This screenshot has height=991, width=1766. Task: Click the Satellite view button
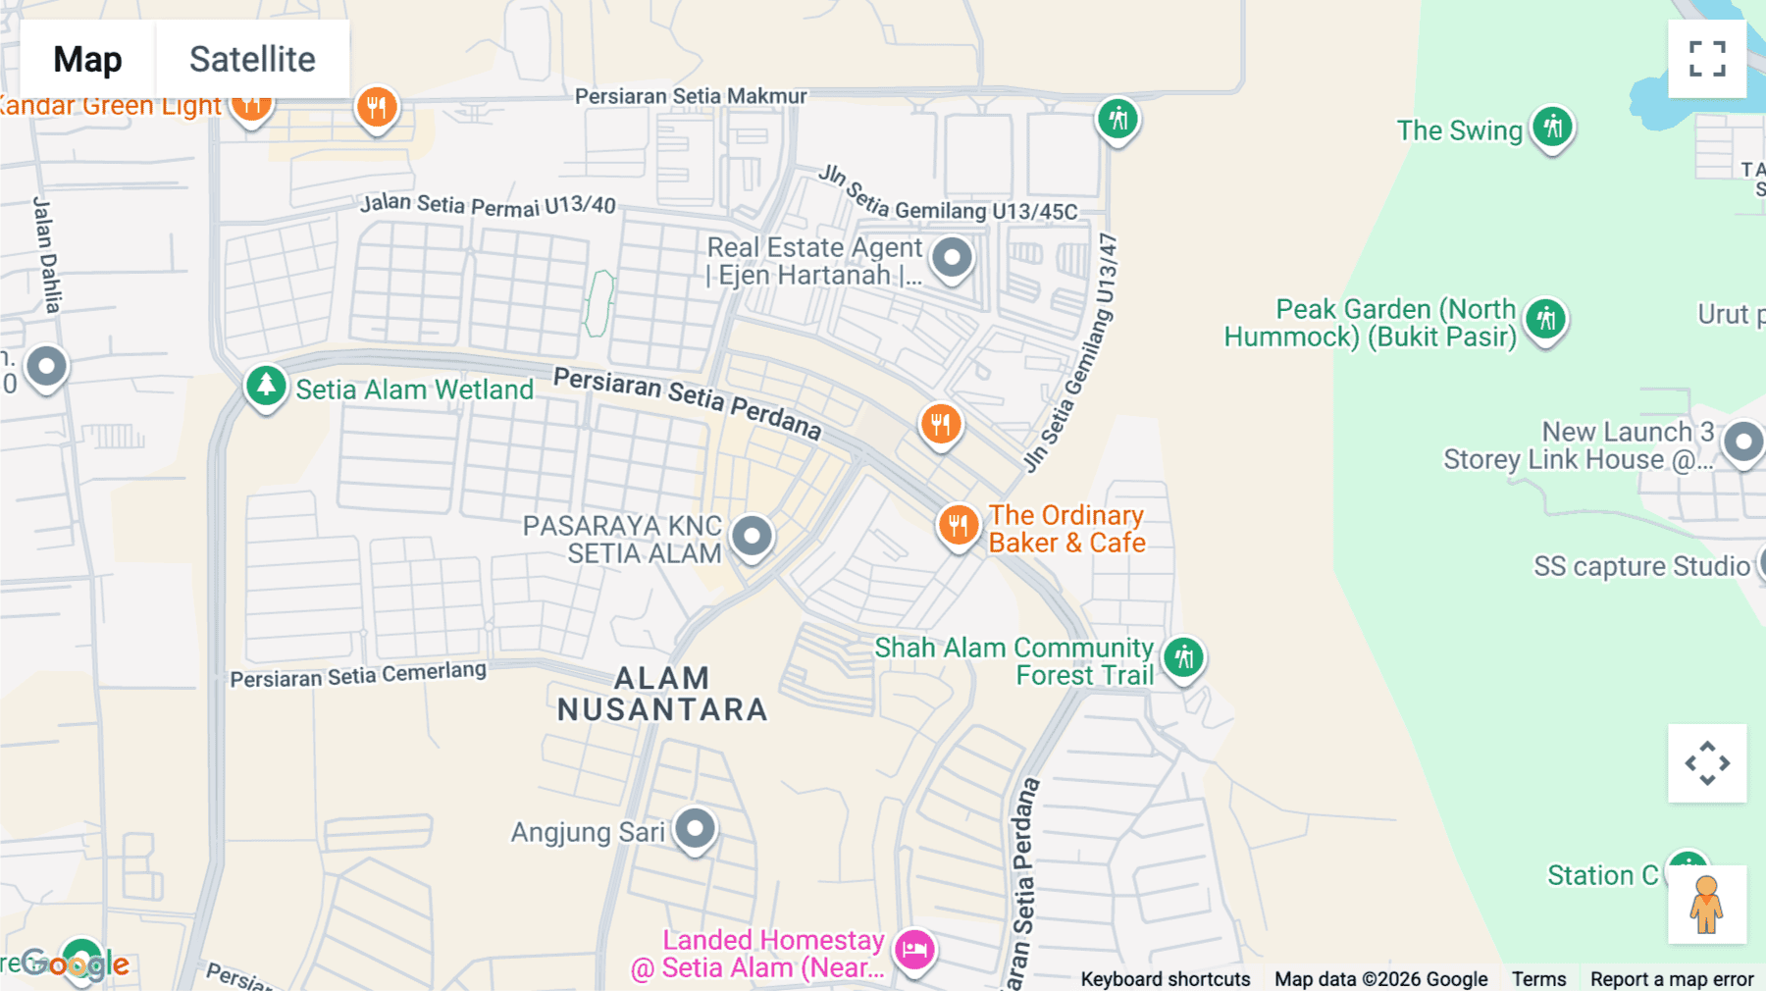tap(252, 59)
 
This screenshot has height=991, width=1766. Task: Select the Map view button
tap(87, 59)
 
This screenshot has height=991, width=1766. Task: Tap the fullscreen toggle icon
tap(1707, 59)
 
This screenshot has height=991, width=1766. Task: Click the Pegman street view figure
tap(1706, 904)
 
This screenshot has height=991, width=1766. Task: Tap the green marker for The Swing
tap(1552, 128)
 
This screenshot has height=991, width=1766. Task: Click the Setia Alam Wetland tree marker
tap(266, 387)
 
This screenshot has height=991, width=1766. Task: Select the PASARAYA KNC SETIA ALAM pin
tap(753, 537)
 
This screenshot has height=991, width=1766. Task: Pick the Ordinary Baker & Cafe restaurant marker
tap(958, 526)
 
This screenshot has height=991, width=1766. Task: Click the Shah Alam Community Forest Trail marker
tap(1184, 657)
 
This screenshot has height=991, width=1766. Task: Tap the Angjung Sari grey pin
tap(696, 829)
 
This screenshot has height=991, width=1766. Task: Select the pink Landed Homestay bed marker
tap(914, 950)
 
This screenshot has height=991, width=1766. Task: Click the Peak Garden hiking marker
tap(1546, 320)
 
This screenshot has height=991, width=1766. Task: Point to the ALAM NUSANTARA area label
tap(662, 694)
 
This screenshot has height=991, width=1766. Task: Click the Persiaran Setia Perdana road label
tap(687, 402)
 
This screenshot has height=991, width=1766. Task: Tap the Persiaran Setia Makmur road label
tap(691, 96)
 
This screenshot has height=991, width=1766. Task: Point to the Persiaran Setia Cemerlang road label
tap(358, 675)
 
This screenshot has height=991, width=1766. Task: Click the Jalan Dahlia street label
tap(47, 255)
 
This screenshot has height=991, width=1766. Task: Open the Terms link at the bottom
tap(1538, 978)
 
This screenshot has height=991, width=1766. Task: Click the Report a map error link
tap(1672, 978)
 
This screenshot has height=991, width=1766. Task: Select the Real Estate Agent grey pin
tap(952, 259)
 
